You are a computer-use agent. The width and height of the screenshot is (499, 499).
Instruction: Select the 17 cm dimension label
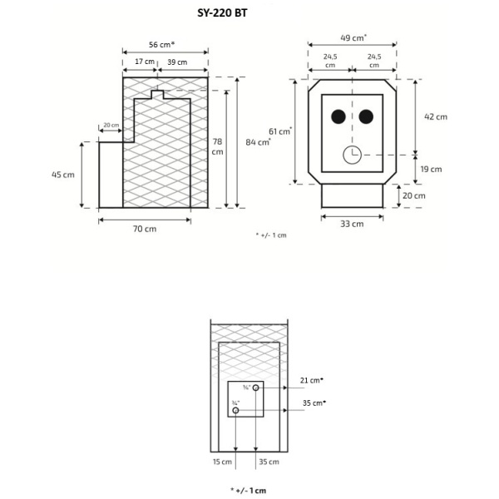click(x=143, y=62)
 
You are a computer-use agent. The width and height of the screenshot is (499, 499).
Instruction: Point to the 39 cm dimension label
click(x=176, y=62)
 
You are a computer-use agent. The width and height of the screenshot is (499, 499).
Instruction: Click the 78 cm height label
click(x=217, y=146)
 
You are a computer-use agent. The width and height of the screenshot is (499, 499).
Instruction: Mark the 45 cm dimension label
click(x=63, y=175)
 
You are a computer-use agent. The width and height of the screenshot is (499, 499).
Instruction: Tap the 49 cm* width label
click(x=353, y=37)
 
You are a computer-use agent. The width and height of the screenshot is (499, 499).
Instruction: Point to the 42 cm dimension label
click(x=435, y=116)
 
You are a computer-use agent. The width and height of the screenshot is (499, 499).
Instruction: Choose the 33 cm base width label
click(x=352, y=224)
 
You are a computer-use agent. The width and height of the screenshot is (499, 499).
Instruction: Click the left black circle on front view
click(x=338, y=117)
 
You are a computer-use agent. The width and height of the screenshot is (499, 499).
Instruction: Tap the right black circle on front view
click(x=366, y=117)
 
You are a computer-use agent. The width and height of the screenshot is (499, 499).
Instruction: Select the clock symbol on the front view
click(x=352, y=155)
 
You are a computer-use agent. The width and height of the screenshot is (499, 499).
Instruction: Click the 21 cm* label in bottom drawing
click(x=312, y=380)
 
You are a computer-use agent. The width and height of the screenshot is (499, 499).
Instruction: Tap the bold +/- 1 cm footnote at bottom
click(x=249, y=490)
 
